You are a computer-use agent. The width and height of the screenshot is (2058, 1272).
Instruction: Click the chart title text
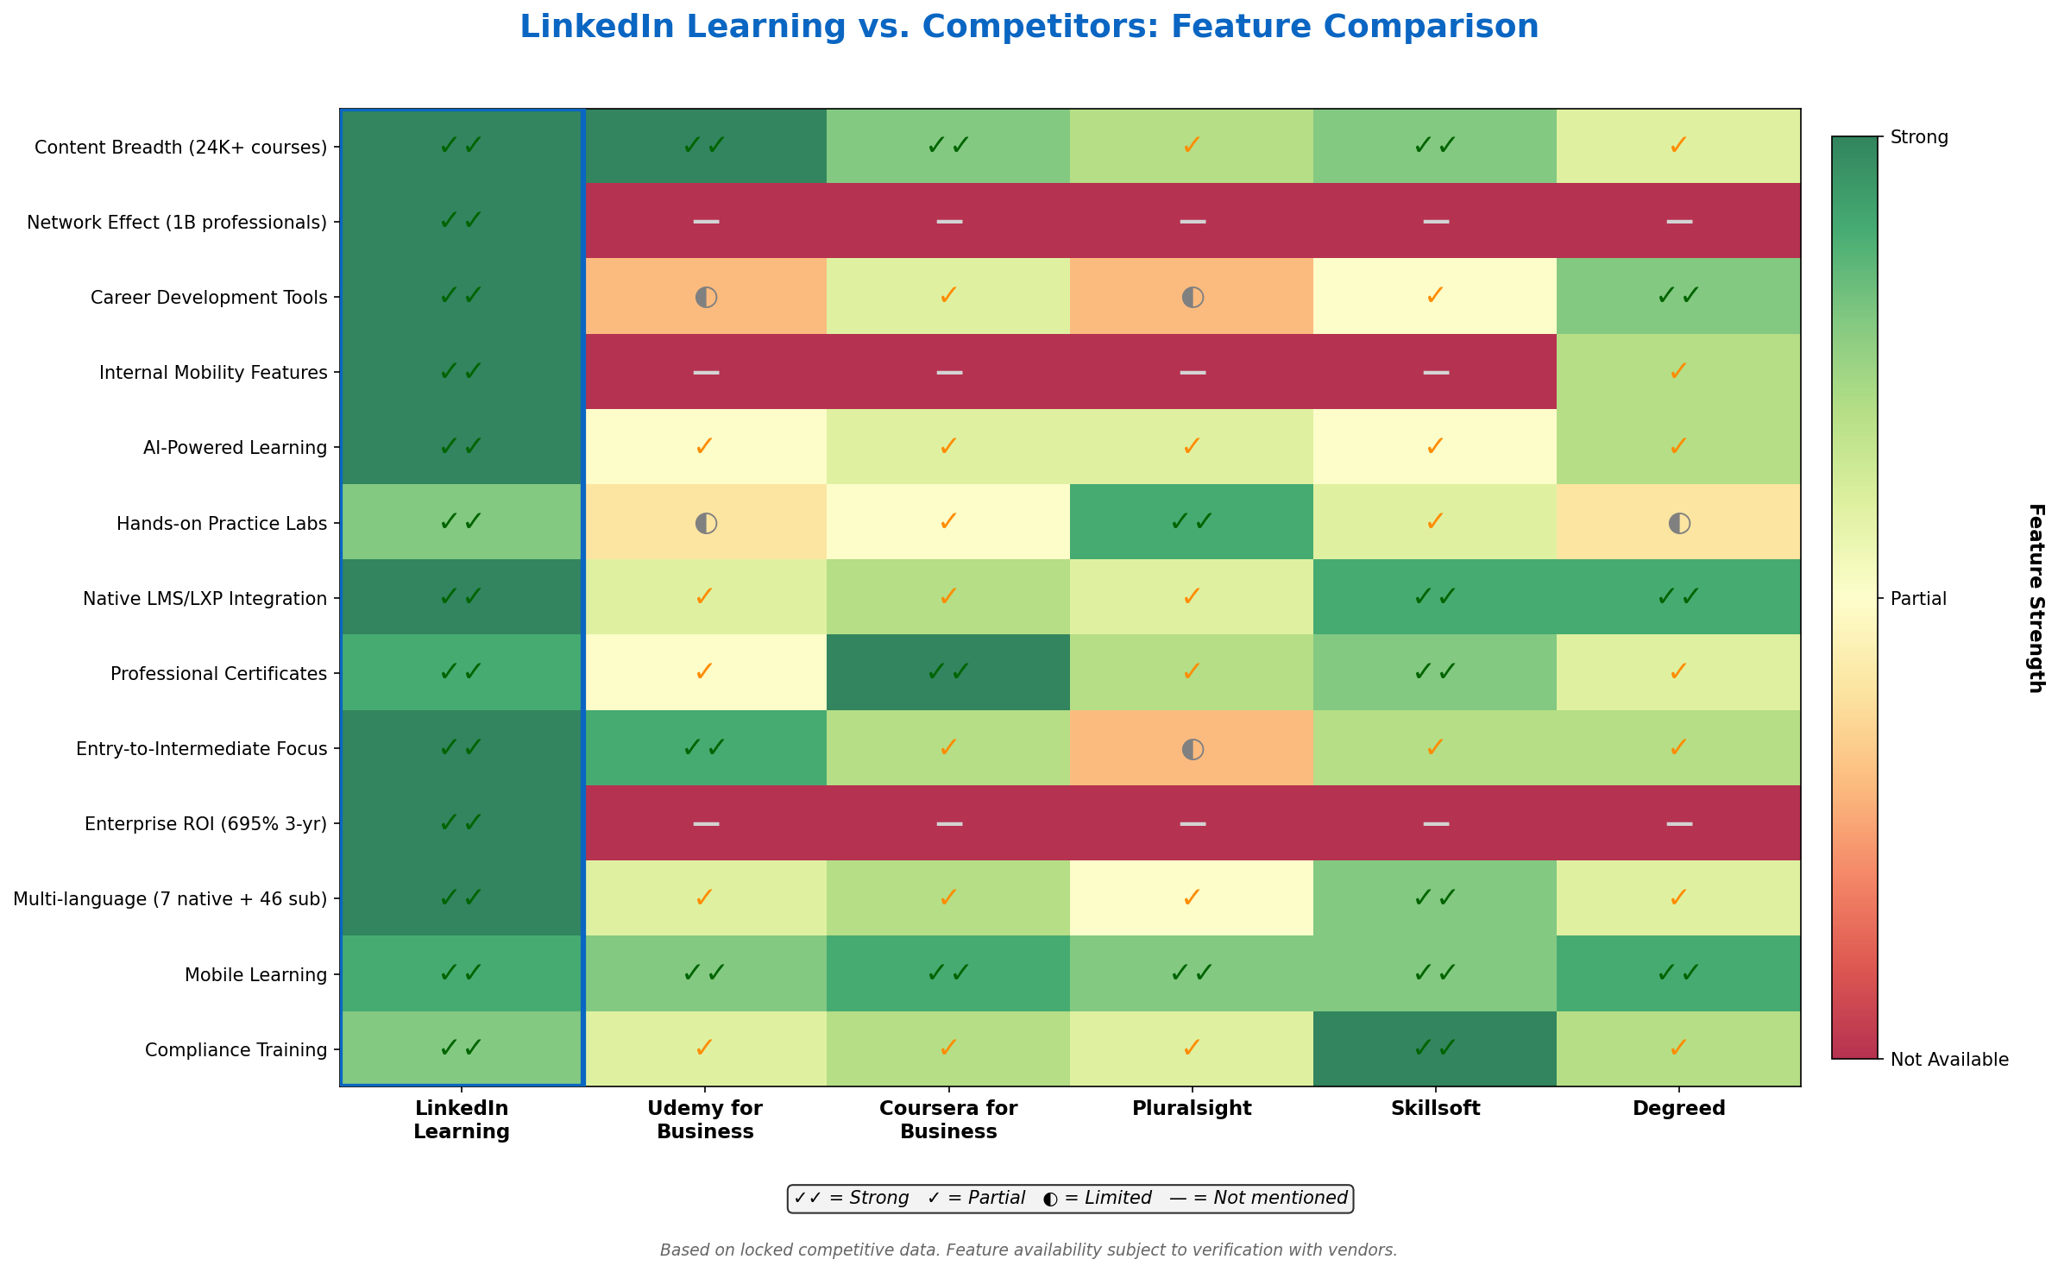1029,28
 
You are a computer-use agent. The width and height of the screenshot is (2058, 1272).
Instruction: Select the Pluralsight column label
1192,1109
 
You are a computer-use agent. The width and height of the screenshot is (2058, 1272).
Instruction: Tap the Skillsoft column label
1435,1109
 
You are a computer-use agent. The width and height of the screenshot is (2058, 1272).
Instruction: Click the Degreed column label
1678,1109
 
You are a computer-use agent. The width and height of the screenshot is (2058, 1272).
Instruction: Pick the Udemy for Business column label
705,1120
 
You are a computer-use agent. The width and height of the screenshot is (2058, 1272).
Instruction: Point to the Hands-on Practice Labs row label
222,524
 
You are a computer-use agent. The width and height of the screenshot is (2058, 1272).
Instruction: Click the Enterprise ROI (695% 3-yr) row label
205,824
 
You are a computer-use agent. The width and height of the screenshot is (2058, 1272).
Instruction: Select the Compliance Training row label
236,1050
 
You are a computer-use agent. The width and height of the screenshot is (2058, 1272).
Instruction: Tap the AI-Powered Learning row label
236,448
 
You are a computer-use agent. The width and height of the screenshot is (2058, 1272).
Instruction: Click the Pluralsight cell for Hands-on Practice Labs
1192,521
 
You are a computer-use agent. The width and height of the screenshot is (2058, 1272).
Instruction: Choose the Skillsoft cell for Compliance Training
1435,1048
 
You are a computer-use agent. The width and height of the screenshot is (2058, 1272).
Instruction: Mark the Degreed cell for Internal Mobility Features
1678,371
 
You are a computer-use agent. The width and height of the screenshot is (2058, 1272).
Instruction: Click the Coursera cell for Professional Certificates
948,671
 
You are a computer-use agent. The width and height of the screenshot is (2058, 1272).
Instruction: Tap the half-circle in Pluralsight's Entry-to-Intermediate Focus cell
1192,748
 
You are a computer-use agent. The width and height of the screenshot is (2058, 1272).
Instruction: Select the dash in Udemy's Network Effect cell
705,221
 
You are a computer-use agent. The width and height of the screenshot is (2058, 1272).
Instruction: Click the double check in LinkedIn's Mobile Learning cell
462,973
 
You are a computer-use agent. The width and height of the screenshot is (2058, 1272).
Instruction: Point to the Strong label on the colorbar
1919,137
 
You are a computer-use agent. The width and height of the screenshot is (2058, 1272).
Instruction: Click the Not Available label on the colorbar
1949,1060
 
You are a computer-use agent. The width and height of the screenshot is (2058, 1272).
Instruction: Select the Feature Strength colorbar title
2036,598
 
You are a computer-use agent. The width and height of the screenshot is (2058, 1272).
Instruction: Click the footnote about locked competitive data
1029,1250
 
